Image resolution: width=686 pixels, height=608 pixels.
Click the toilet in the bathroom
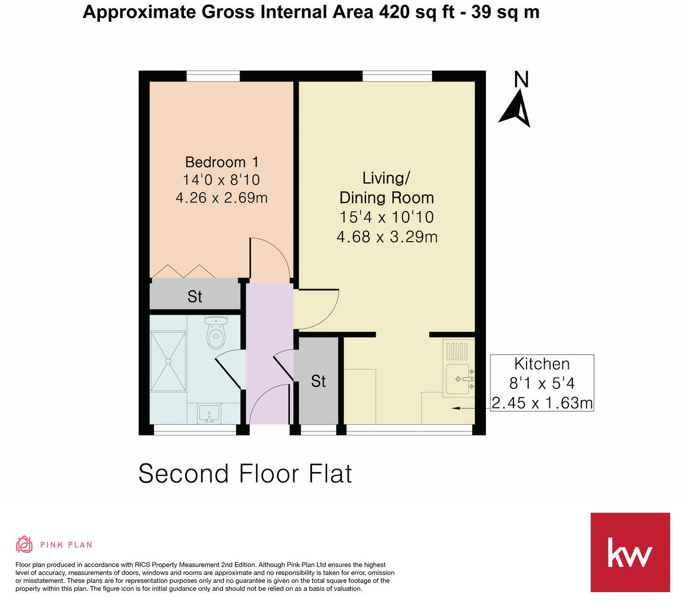pos(216,333)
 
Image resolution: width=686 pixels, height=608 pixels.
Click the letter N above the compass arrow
pos(521,80)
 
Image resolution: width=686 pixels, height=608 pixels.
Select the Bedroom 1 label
pos(222,162)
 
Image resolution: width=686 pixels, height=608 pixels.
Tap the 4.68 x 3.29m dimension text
pos(386,237)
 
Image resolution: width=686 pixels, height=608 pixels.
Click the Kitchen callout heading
pos(541,364)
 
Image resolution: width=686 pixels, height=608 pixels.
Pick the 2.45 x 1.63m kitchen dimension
pos(541,403)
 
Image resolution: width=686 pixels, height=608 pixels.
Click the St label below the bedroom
pos(194,297)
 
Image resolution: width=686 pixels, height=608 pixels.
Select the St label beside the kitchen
pos(318,381)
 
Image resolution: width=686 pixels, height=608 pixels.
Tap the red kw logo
pos(629,552)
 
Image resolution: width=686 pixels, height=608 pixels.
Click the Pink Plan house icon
pos(24,544)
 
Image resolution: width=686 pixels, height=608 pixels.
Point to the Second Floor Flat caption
pos(245,474)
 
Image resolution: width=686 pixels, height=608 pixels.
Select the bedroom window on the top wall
pos(213,76)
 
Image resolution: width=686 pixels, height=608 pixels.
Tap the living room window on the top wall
pos(397,76)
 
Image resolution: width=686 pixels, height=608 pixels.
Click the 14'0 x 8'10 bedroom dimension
pos(221,180)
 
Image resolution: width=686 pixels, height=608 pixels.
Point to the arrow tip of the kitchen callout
pos(453,408)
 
